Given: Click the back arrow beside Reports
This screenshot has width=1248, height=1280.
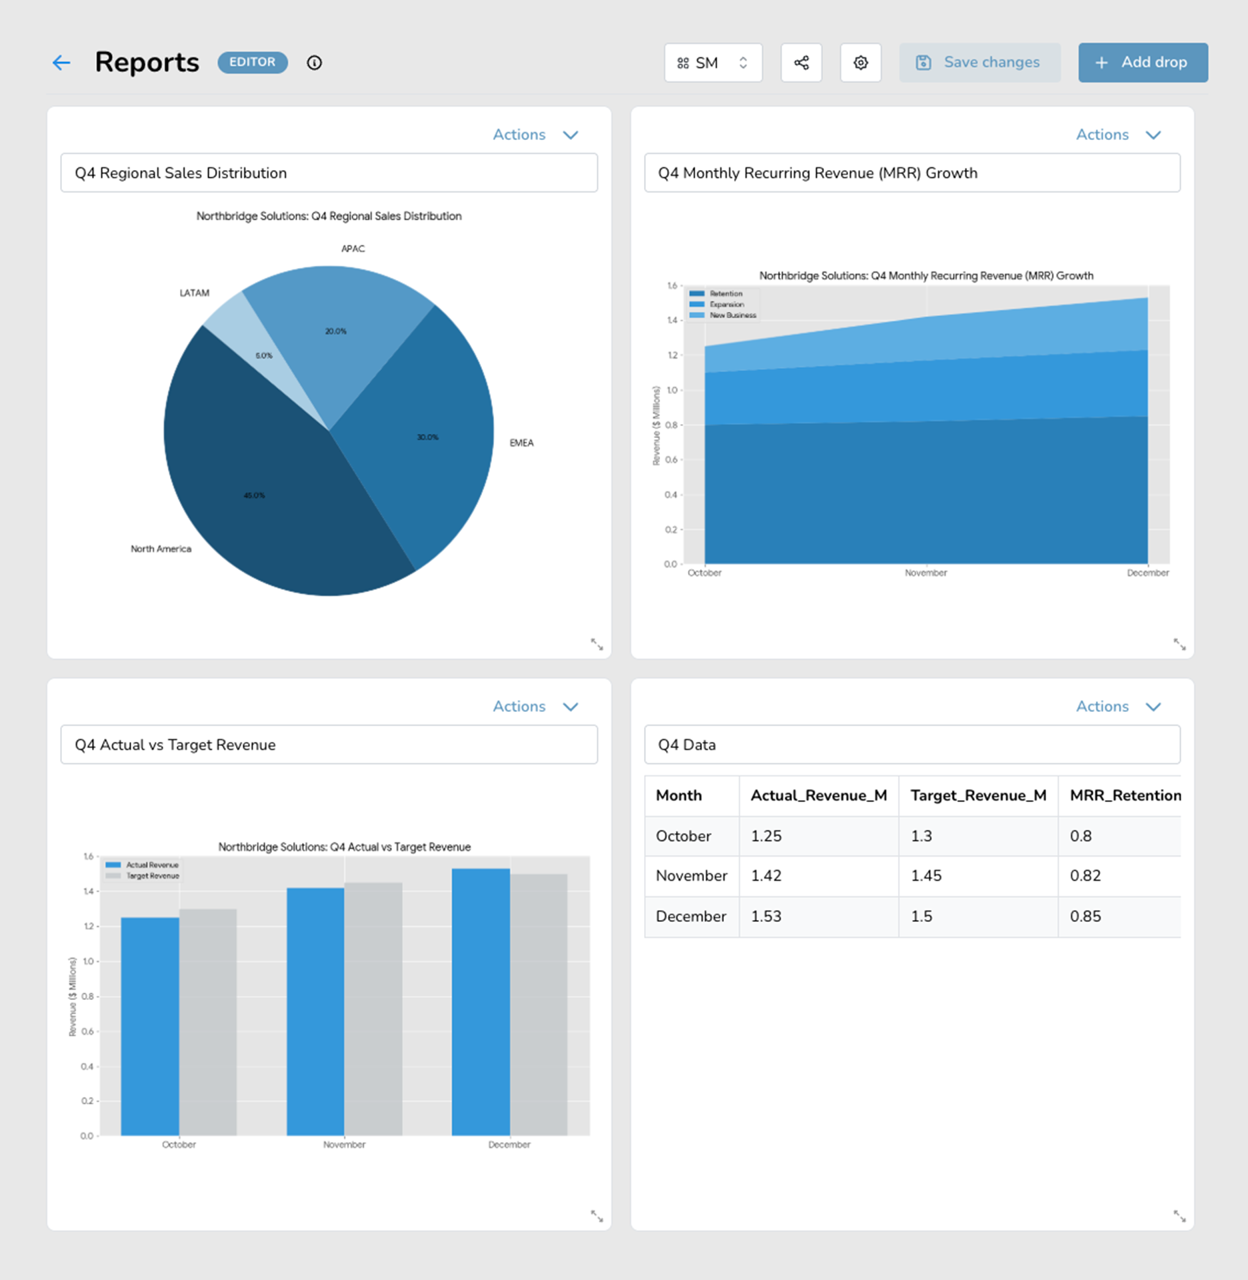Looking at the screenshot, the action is tap(61, 63).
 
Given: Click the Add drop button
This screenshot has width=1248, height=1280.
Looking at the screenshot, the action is tap(1143, 63).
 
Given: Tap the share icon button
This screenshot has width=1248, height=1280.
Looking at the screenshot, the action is tap(801, 63).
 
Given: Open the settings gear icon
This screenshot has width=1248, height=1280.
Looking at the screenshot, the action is tap(861, 63).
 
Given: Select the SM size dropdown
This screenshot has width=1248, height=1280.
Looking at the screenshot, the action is tap(713, 63).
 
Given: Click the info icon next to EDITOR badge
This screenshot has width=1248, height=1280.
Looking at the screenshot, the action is tap(314, 63).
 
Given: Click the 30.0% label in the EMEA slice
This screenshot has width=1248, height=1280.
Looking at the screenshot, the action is tap(427, 437).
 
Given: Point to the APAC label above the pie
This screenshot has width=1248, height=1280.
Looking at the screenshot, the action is tap(353, 249).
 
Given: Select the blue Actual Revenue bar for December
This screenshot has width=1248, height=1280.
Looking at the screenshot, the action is tap(481, 1002).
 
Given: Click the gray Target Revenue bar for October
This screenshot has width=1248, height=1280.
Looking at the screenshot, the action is tap(208, 1022).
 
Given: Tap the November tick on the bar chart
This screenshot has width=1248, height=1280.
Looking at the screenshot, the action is tap(344, 1145).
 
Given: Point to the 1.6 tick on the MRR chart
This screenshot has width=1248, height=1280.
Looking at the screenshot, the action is tap(673, 286).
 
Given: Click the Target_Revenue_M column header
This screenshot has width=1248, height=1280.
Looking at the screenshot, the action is tap(978, 795).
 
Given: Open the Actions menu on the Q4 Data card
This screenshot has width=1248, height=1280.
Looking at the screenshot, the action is tap(1118, 707).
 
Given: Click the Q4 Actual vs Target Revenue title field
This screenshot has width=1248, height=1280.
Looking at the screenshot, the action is tap(329, 745).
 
